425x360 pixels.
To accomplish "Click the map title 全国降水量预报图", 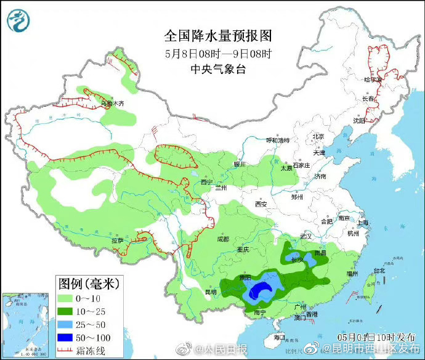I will pyautogui.click(x=214, y=35).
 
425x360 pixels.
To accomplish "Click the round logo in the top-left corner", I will pyautogui.click(x=18, y=20).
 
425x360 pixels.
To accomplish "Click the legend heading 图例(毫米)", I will pyautogui.click(x=89, y=285).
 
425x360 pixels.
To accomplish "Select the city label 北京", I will pyautogui.click(x=318, y=137).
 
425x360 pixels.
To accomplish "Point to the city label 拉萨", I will pyautogui.click(x=118, y=240).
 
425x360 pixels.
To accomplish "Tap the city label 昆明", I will pyautogui.click(x=211, y=291).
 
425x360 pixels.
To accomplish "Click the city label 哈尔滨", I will pyautogui.click(x=373, y=80).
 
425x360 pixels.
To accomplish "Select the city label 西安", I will pyautogui.click(x=261, y=204).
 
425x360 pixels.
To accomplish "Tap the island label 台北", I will pyautogui.click(x=379, y=270).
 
